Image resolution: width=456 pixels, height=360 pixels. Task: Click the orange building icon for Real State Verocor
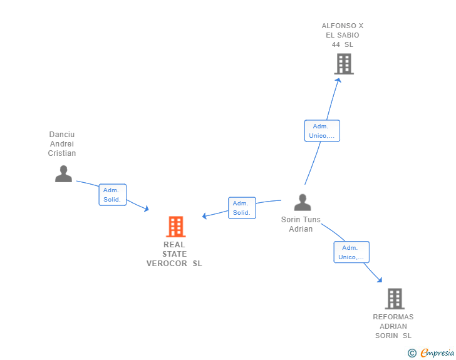pyautogui.click(x=176, y=227)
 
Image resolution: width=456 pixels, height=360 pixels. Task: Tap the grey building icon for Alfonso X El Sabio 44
pyautogui.click(x=343, y=64)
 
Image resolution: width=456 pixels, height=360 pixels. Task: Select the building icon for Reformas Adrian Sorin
pyautogui.click(x=394, y=299)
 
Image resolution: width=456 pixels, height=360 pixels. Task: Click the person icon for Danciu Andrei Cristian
pyautogui.click(x=63, y=173)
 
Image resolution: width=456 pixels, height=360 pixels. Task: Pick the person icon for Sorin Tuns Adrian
pyautogui.click(x=303, y=202)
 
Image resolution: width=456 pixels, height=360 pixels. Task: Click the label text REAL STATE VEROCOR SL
pyautogui.click(x=174, y=254)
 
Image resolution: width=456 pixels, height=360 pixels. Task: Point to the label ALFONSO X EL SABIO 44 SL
pyautogui.click(x=343, y=35)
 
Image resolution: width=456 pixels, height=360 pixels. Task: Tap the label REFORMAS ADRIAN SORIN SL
pyautogui.click(x=393, y=326)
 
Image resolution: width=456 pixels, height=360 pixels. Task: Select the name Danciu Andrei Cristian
pyautogui.click(x=63, y=144)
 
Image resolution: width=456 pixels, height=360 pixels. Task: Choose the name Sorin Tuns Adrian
pyautogui.click(x=301, y=224)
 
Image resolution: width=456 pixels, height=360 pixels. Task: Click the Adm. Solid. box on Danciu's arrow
pyautogui.click(x=113, y=195)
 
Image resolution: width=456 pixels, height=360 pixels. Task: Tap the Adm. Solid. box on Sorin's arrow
pyautogui.click(x=241, y=208)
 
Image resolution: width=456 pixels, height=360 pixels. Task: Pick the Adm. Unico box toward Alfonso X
pyautogui.click(x=322, y=131)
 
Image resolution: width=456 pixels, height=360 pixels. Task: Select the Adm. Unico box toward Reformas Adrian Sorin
pyautogui.click(x=351, y=252)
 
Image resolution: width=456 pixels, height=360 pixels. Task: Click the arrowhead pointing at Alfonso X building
pyautogui.click(x=338, y=80)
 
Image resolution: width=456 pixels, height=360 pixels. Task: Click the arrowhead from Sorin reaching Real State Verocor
pyautogui.click(x=204, y=217)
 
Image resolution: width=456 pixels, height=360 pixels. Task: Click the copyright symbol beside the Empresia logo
pyautogui.click(x=412, y=353)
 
